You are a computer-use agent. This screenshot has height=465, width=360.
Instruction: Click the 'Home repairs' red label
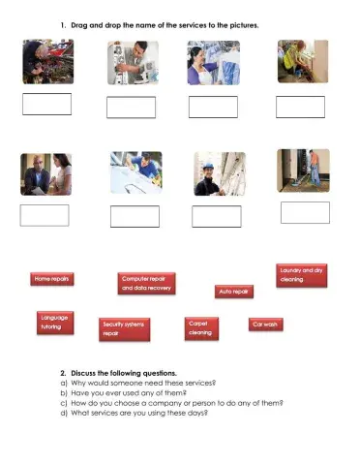(x=52, y=279)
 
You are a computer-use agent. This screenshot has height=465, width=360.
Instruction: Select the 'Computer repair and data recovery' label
(x=147, y=283)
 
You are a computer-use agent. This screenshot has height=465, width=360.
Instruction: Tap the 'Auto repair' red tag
(x=234, y=292)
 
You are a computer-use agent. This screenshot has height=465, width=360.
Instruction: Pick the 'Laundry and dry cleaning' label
(x=302, y=275)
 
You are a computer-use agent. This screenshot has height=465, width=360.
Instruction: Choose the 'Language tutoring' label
(x=55, y=323)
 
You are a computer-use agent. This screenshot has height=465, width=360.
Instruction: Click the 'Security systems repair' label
(x=125, y=329)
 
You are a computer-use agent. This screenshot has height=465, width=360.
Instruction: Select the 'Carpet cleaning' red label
(x=201, y=328)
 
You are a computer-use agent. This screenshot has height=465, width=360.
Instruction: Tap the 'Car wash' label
(x=266, y=325)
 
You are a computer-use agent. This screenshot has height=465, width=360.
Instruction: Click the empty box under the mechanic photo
(x=47, y=105)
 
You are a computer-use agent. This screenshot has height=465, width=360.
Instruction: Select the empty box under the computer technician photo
(x=132, y=108)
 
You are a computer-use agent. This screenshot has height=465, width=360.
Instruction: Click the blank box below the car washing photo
(x=135, y=216)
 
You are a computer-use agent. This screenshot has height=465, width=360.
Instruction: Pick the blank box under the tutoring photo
(x=45, y=215)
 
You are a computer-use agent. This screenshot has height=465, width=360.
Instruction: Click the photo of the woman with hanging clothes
(x=214, y=63)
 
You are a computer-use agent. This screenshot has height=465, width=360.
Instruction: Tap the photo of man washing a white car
(x=136, y=172)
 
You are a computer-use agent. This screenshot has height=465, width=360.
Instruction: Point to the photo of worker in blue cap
(x=220, y=174)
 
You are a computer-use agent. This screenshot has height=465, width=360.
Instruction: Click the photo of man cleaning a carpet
(x=303, y=170)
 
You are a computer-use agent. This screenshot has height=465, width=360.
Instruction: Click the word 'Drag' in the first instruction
(x=79, y=25)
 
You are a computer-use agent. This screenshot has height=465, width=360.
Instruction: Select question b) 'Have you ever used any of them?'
(x=124, y=393)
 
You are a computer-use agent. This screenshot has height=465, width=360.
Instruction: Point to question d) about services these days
(x=135, y=413)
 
